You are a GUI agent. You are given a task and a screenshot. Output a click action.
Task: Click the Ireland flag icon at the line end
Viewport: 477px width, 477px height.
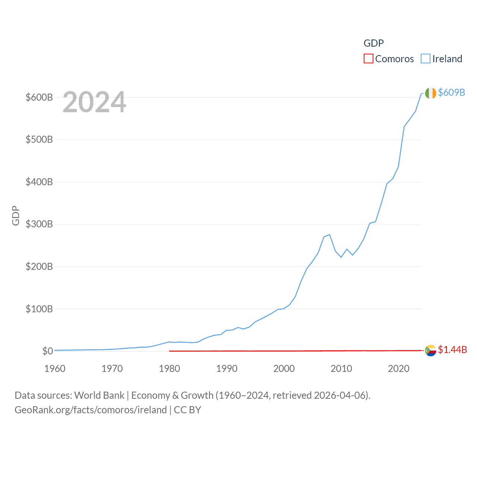[430, 93]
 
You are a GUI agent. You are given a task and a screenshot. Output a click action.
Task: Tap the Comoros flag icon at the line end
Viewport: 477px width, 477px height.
[430, 350]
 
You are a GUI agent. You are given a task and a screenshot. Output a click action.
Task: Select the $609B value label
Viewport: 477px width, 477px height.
[451, 92]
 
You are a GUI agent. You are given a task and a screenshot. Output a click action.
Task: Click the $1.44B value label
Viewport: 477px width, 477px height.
[452, 350]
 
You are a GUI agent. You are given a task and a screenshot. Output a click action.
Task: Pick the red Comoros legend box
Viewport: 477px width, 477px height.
[368, 59]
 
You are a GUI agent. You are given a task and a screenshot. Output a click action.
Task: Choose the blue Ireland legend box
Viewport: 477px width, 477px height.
[425, 59]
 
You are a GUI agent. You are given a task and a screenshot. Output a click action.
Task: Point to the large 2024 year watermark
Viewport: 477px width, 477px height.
[94, 102]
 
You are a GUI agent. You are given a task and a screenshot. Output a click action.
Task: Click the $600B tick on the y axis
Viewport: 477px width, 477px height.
[39, 97]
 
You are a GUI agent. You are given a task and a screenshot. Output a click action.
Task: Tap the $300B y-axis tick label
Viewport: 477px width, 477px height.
[39, 224]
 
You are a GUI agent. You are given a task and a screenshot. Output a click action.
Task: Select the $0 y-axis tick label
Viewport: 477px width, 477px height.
[47, 351]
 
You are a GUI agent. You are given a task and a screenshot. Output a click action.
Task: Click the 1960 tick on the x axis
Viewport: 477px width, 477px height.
[55, 369]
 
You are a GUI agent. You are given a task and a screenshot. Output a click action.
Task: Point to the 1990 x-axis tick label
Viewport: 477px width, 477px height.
[227, 369]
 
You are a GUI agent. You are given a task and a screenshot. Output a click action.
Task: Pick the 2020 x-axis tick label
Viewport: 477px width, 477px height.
[398, 369]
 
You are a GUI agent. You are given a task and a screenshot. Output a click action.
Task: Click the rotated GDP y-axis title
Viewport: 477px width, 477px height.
[16, 215]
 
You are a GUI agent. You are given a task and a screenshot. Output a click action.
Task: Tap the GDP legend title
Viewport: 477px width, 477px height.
[373, 43]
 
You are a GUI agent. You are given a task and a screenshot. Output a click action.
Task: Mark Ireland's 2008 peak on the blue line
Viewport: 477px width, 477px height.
[329, 234]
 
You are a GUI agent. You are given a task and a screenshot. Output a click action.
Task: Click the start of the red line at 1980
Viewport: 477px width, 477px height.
[170, 351]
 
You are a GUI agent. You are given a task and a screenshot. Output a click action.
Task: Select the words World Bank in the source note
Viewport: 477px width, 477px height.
[99, 395]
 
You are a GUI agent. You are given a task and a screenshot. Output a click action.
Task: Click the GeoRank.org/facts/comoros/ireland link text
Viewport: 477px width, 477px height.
[91, 410]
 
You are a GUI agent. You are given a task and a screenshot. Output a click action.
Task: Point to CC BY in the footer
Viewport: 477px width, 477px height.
[187, 410]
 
